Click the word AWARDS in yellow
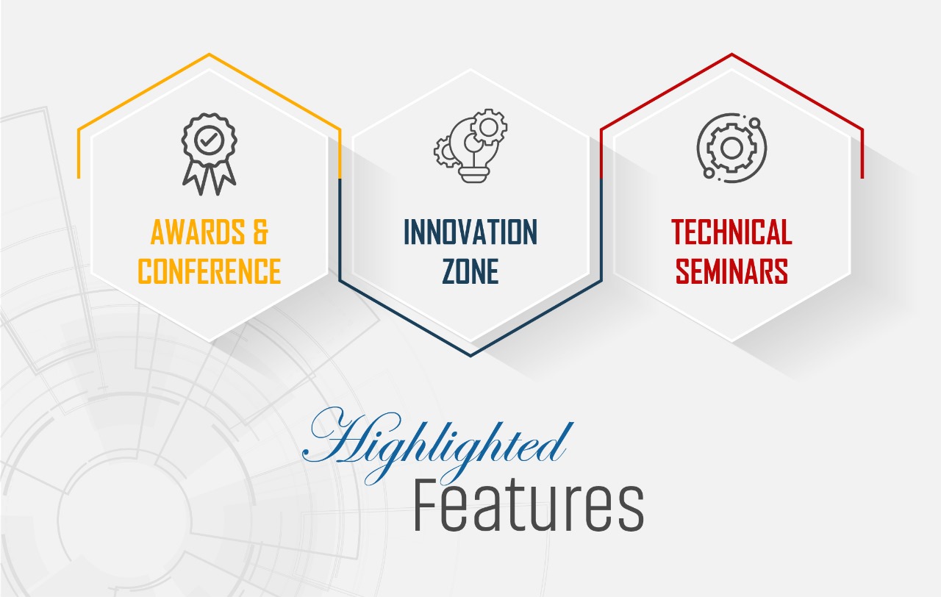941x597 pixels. [198, 232]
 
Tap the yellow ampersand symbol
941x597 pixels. [260, 232]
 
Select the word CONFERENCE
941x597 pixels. [210, 271]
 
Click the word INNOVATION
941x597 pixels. [470, 232]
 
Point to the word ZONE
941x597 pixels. [470, 271]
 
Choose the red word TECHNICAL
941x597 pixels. [731, 232]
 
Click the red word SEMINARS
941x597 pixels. [731, 271]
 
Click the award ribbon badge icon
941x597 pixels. [210, 154]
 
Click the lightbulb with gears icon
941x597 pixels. [470, 146]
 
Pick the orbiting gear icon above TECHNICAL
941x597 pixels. [731, 148]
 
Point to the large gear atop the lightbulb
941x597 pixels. [489, 127]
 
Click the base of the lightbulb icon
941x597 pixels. [474, 174]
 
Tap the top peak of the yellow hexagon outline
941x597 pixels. [210, 54]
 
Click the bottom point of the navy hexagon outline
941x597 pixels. [470, 356]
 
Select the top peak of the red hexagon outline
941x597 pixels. [731, 54]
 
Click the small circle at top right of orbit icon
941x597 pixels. [755, 123]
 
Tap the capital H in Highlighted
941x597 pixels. [336, 437]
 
